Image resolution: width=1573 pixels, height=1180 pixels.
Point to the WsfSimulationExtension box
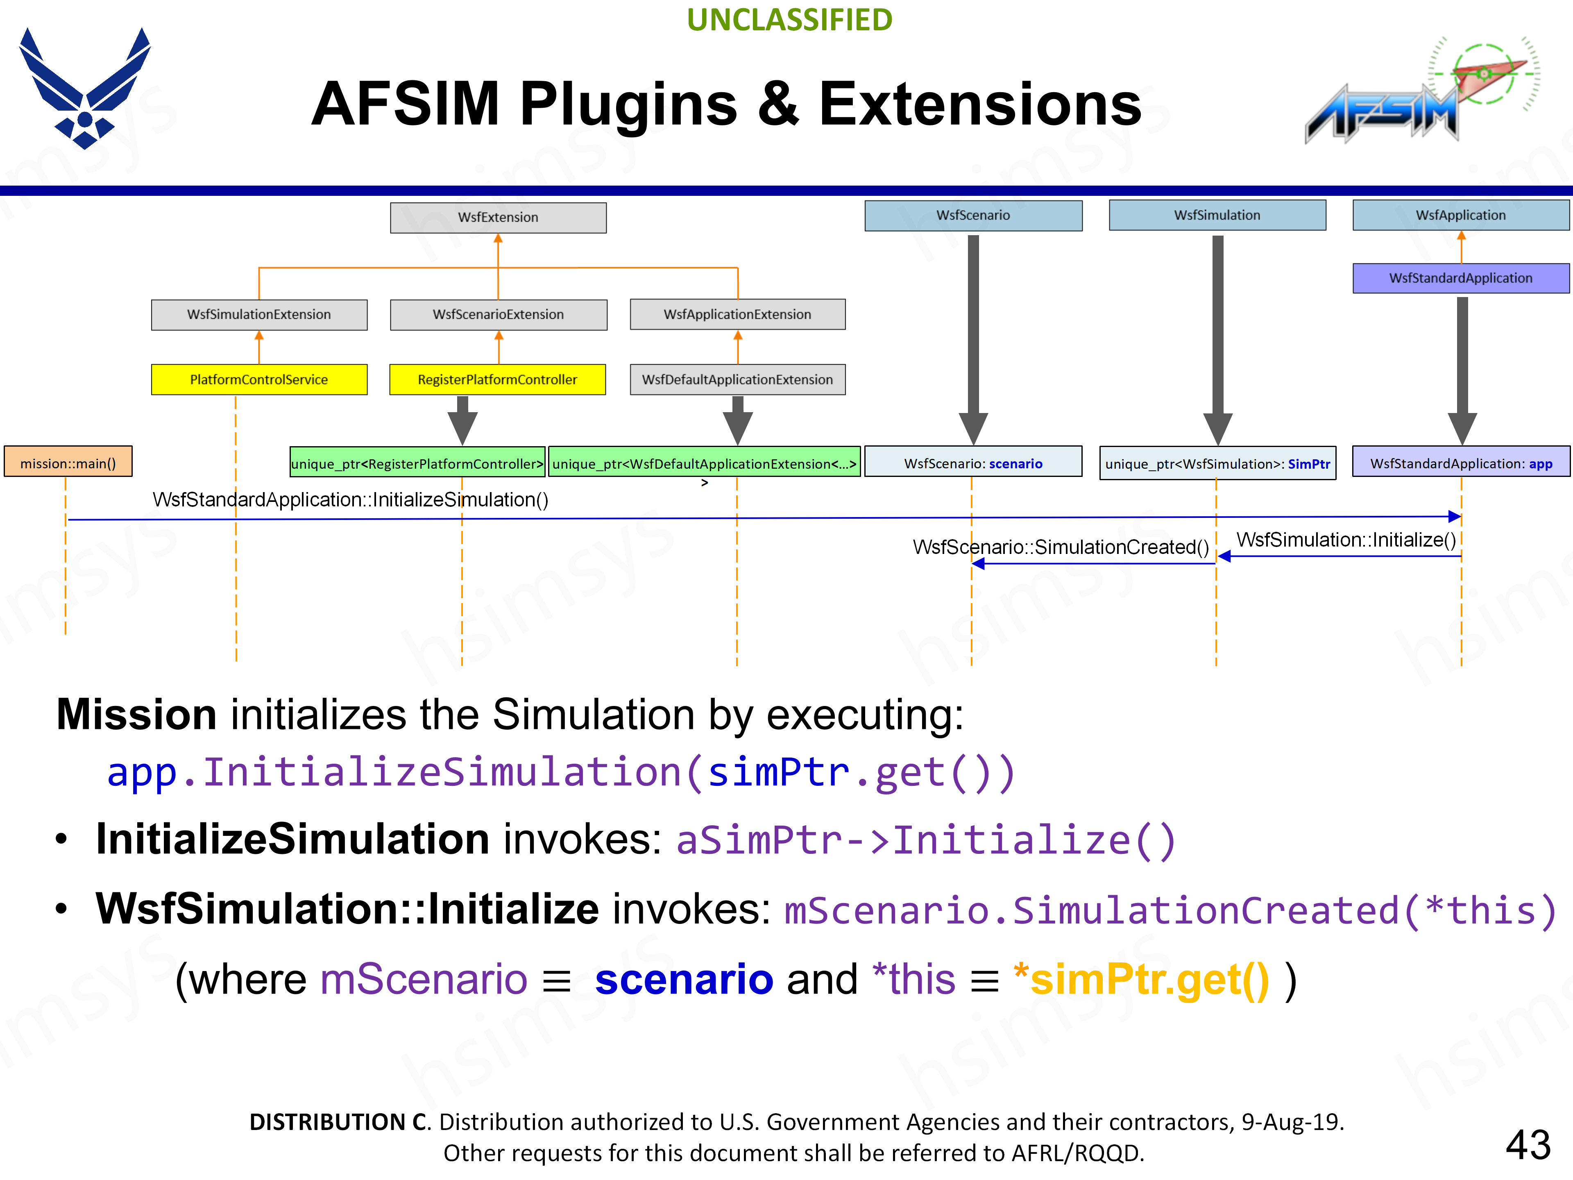coord(259,314)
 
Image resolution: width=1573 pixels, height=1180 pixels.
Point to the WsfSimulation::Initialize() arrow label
coord(1345,540)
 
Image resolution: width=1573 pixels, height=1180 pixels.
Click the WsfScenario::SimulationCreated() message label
coord(1060,547)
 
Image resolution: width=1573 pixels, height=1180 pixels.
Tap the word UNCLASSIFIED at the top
coord(789,20)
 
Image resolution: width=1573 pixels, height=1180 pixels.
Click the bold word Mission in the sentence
coord(136,714)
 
